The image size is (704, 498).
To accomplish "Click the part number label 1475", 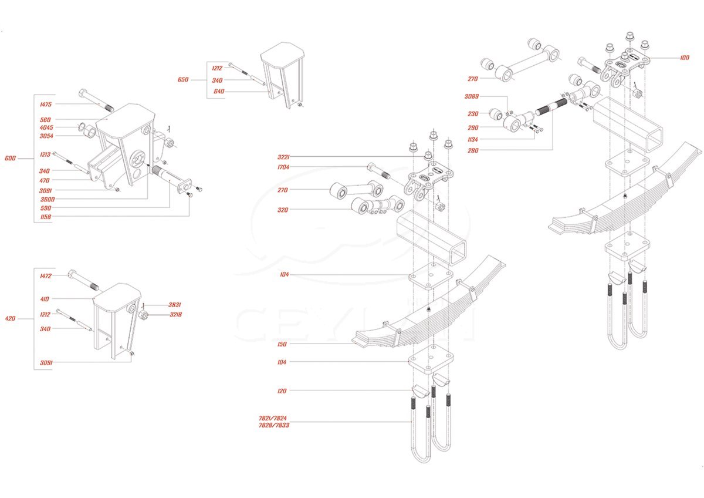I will click(x=46, y=105).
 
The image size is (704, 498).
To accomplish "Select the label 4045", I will click(x=46, y=127).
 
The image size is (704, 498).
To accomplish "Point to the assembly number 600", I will click(x=11, y=159).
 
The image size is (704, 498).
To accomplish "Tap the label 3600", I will click(x=46, y=199).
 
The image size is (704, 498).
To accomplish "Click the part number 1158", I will click(x=46, y=217).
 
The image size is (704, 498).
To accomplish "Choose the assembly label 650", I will click(x=183, y=79).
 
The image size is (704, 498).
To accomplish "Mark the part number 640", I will click(x=219, y=91).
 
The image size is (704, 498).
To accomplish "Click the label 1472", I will click(x=46, y=276).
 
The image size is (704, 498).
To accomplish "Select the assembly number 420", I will click(x=11, y=319).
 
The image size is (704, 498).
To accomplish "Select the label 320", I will click(x=283, y=210).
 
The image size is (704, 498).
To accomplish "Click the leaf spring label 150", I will click(x=283, y=344).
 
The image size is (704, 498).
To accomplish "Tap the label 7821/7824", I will click(x=273, y=418).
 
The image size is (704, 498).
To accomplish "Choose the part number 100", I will click(x=685, y=58).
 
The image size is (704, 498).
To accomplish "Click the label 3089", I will click(x=472, y=97).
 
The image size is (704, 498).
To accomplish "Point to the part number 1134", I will click(x=473, y=140).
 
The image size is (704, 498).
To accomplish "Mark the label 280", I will click(x=473, y=150).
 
